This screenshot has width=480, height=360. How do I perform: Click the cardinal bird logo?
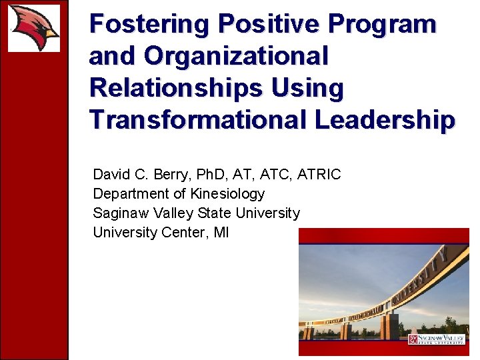coord(33,27)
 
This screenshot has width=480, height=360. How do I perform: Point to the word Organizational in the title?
coord(236,57)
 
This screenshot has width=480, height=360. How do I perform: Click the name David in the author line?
coord(111,175)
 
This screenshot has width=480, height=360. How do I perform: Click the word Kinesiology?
coord(227,194)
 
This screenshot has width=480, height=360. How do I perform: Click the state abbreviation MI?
coord(221,233)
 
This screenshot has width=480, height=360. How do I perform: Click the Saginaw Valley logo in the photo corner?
coord(436,339)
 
